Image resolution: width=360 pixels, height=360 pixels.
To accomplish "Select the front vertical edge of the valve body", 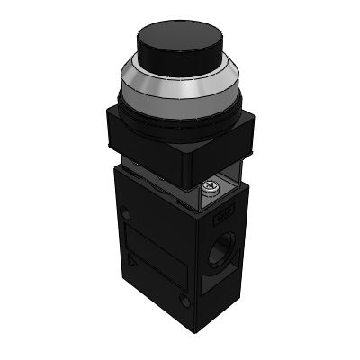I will tap(193, 261).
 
